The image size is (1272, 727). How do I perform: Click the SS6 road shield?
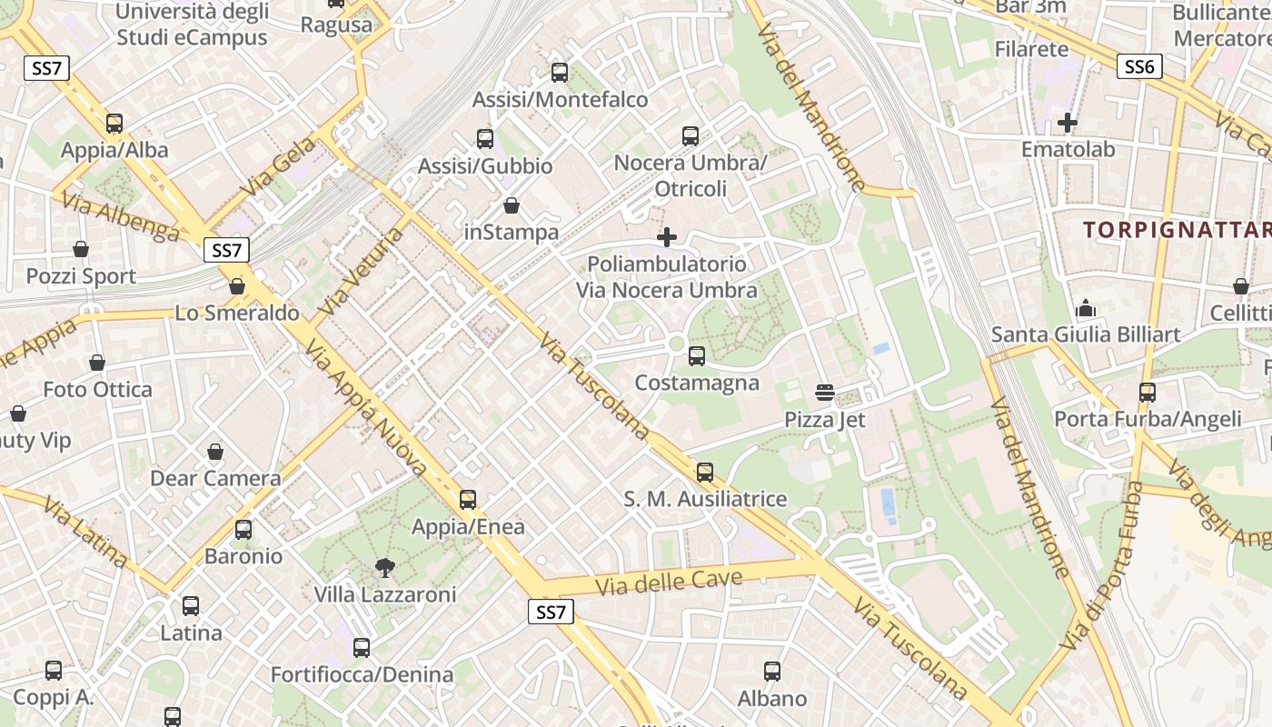pos(1139,66)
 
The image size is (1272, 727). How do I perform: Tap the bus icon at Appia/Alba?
pos(114,124)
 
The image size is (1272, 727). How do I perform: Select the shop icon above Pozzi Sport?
pos(81,249)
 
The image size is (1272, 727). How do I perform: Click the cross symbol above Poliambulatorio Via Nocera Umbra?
pos(667,237)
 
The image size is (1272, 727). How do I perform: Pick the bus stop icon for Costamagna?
pos(697,356)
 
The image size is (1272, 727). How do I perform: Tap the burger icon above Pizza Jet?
pos(825,393)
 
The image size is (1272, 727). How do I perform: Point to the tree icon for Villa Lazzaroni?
pos(385,568)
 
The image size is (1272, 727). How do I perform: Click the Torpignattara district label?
pos(1177,229)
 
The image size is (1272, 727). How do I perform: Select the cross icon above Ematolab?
pos(1068,122)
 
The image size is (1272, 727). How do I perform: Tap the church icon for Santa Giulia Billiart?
pos(1086,309)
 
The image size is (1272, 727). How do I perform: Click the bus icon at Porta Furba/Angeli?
pos(1148,393)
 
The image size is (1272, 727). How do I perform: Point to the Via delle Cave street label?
pos(669,582)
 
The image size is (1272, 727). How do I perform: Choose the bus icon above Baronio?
pos(243,530)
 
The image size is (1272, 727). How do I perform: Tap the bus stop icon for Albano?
pos(772,672)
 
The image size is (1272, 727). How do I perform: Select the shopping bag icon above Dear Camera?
pos(215,452)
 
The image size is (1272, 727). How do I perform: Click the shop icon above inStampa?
pos(512,205)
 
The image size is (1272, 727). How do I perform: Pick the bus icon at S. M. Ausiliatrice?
pos(705,473)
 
